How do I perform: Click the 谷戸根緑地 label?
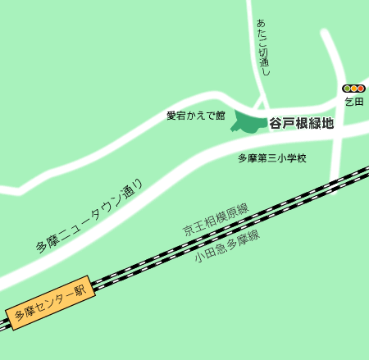pos(302,124)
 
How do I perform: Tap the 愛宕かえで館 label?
pos(195,116)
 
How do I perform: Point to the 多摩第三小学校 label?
pos(271,157)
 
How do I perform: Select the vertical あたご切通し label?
pos(262,48)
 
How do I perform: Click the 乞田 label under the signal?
pos(353,101)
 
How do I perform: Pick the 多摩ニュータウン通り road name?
pos(89,217)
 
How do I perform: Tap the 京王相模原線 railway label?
pos(216,221)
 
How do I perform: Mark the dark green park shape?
pos(246,122)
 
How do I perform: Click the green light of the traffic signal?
pos(347,89)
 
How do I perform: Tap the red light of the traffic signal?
pos(360,89)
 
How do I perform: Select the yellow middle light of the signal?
pos(353,89)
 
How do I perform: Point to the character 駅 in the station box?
pos(80,289)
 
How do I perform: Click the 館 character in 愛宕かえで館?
pos(220,116)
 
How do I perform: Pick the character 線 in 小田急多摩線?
pos(254,236)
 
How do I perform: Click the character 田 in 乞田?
pos(358,101)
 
